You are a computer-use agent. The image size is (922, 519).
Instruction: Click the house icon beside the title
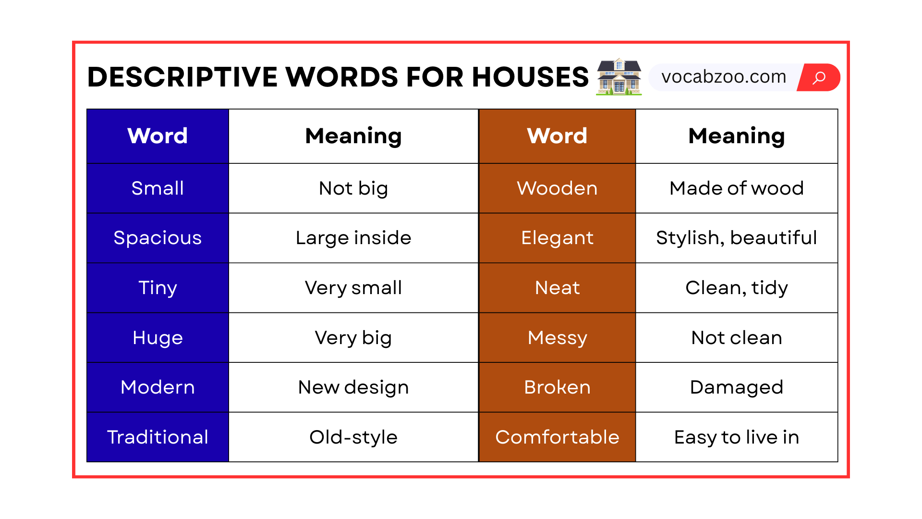tap(619, 77)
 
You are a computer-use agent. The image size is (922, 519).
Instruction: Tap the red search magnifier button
tap(819, 77)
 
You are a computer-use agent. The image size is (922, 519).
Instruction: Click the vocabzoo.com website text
tap(724, 77)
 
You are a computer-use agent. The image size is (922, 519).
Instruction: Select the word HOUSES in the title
tap(530, 77)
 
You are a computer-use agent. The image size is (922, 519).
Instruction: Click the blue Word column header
tap(158, 136)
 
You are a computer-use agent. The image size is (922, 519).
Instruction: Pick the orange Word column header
tap(557, 136)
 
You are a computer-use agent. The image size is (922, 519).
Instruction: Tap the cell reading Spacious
tap(158, 238)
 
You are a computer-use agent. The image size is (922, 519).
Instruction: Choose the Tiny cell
tap(158, 288)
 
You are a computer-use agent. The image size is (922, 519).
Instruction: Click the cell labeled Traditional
tap(158, 437)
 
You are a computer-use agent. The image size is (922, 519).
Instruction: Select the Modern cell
tap(158, 387)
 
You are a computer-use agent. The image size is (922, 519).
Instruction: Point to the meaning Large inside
tap(353, 238)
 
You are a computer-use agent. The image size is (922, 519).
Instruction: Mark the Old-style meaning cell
tap(353, 437)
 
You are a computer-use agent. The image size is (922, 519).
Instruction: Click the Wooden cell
tap(557, 188)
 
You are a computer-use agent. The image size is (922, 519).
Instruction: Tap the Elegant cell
tap(557, 238)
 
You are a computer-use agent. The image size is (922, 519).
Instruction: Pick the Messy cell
tap(557, 338)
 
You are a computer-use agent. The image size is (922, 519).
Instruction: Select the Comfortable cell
tap(557, 437)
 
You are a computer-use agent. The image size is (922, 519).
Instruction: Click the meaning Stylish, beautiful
tap(737, 238)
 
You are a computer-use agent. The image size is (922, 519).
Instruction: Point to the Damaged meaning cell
tap(737, 387)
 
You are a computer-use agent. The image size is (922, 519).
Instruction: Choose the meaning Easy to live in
tap(737, 437)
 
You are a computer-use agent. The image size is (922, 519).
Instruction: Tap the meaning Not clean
tap(737, 338)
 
